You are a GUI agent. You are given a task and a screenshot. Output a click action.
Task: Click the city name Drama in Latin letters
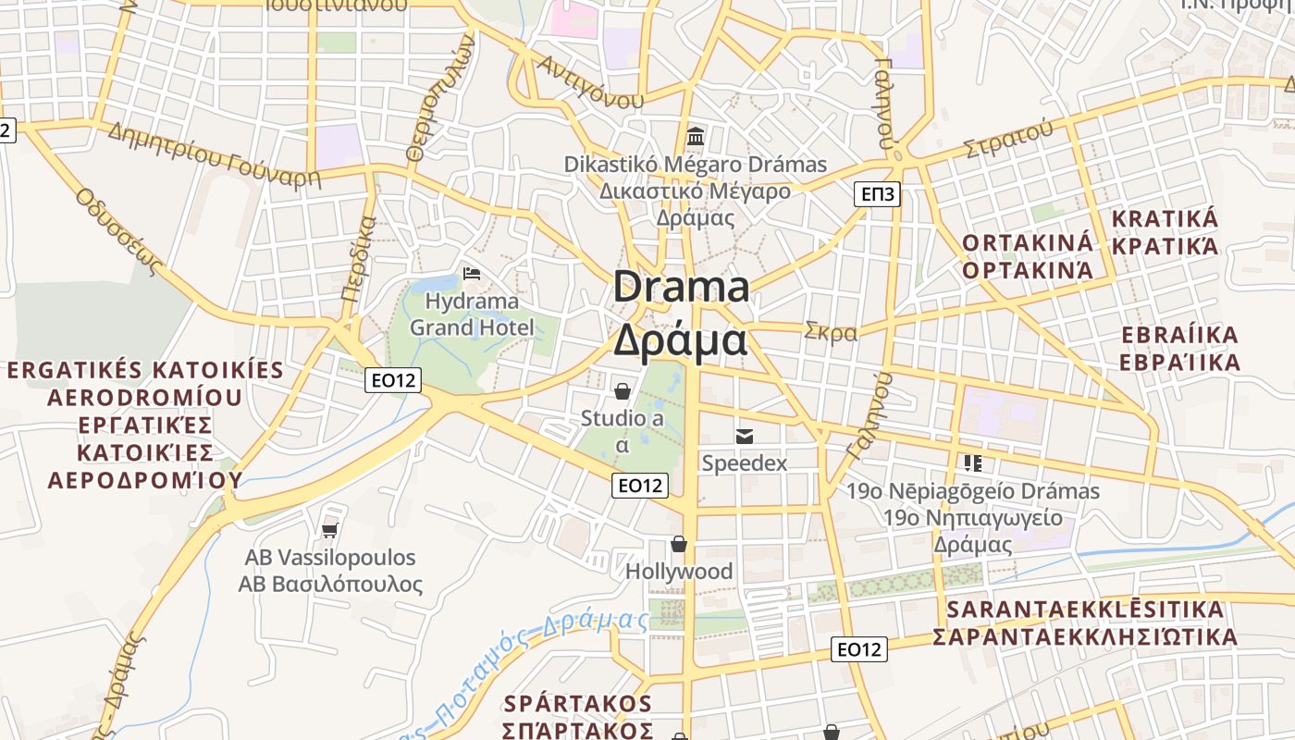point(681,287)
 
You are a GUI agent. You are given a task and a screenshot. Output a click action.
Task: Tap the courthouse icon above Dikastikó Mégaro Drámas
point(696,138)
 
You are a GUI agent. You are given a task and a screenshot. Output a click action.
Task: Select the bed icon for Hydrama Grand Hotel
point(472,274)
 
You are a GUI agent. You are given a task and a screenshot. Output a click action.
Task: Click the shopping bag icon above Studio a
point(623,391)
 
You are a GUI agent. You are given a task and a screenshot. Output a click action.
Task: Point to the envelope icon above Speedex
point(744,436)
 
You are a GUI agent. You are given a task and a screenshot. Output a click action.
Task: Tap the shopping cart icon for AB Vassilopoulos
point(330,530)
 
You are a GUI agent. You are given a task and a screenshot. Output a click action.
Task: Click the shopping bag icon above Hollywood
point(679,544)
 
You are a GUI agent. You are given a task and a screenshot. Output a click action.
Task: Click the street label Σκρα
point(831,332)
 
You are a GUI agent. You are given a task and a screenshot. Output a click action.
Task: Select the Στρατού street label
point(1008,139)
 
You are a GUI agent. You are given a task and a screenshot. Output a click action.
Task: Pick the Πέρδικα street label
point(358,261)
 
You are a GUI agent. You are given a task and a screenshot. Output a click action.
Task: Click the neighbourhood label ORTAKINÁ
point(1028,242)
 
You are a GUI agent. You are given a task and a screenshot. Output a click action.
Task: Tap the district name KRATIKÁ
point(1165,219)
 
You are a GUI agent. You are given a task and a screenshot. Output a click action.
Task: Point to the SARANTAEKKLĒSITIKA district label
point(1085,610)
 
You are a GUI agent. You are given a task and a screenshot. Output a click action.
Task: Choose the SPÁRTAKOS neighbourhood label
point(578,703)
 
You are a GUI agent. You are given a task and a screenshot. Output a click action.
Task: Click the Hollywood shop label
point(679,572)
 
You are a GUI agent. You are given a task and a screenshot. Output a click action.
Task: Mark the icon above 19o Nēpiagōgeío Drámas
point(972,462)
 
